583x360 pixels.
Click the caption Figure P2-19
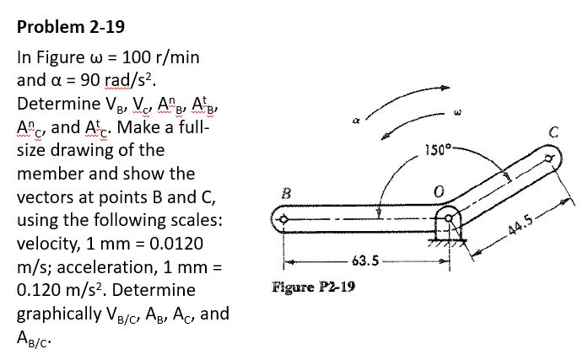click(x=313, y=286)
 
